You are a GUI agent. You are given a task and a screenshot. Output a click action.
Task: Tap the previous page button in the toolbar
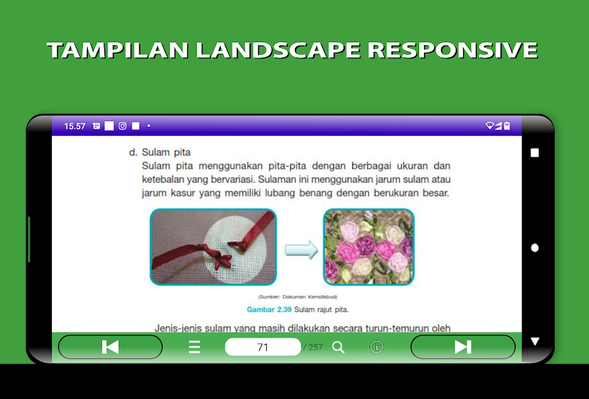click(110, 346)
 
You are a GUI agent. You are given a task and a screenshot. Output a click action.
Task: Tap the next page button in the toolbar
click(463, 346)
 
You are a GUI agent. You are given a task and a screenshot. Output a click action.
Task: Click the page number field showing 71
click(262, 346)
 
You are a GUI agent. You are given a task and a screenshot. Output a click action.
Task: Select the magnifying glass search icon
click(338, 347)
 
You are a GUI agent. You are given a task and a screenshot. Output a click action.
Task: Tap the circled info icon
click(377, 347)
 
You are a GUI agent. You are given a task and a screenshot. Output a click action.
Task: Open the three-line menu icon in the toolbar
click(194, 347)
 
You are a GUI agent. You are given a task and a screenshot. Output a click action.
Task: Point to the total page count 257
click(316, 347)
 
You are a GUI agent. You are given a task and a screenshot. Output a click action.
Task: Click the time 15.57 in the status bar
click(74, 126)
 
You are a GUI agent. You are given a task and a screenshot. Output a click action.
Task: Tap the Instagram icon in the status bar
click(123, 126)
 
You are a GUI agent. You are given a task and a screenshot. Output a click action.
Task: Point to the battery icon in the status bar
click(507, 125)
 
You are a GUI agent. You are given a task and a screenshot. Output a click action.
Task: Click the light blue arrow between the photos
click(301, 250)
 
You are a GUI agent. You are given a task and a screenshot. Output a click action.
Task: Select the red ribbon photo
click(214, 247)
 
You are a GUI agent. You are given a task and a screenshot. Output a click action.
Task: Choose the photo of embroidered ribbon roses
click(368, 247)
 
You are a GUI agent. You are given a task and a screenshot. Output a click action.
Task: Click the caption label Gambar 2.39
click(269, 310)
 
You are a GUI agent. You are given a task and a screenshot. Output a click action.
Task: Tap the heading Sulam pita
click(166, 152)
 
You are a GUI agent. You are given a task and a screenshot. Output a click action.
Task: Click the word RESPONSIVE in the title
click(453, 50)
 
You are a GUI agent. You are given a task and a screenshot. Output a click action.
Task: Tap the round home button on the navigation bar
click(535, 248)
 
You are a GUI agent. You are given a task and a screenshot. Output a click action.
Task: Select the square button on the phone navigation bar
click(535, 152)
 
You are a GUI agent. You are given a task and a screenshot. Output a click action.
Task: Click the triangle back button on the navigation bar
click(535, 342)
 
